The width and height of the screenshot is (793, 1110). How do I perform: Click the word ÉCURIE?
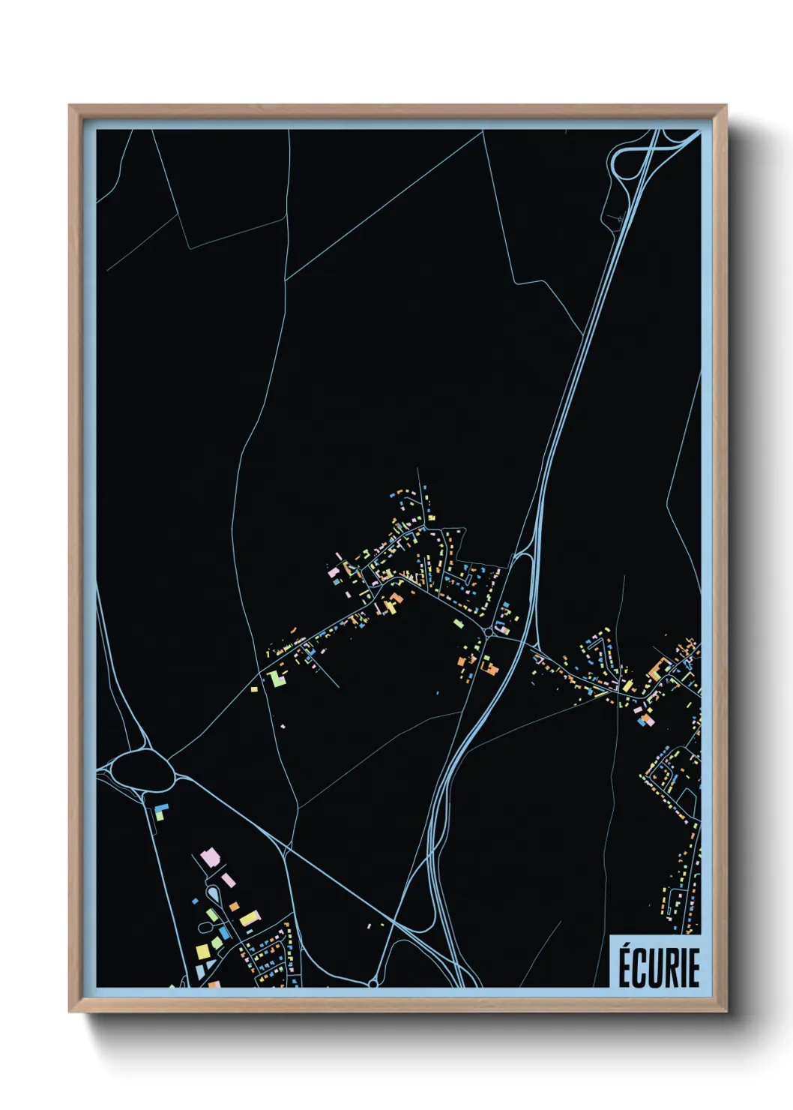click(x=658, y=967)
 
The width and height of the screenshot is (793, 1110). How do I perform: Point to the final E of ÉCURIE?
click(x=693, y=967)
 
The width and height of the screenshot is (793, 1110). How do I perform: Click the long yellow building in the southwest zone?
click(x=250, y=919)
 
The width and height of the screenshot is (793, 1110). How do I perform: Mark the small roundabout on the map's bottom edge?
click(x=373, y=982)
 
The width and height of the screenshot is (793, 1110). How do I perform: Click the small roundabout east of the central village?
click(x=489, y=634)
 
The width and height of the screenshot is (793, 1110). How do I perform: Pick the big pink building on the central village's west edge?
click(x=334, y=572)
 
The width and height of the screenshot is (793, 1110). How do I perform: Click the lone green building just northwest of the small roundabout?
click(x=456, y=622)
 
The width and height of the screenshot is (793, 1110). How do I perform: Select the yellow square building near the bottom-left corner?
click(x=202, y=951)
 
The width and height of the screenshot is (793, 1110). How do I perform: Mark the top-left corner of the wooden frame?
click(x=70, y=106)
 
